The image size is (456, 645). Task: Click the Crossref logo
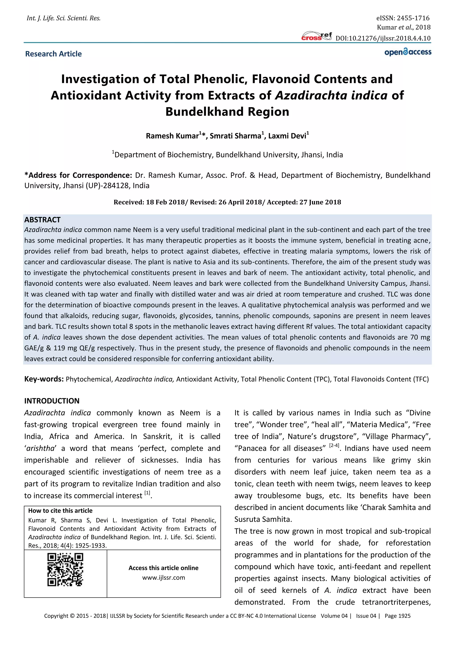click(316, 36)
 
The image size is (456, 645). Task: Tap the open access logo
click(408, 52)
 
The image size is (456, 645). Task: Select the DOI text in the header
click(383, 38)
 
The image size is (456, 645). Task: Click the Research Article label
click(53, 54)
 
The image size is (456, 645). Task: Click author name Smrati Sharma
click(235, 136)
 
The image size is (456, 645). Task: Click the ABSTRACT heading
click(42, 220)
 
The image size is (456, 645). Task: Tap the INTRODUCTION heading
click(52, 401)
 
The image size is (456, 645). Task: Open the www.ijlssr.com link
click(163, 578)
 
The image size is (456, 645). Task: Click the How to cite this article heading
click(60, 511)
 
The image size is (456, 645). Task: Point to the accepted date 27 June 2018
click(320, 202)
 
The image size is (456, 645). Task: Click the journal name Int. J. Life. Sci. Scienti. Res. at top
click(63, 18)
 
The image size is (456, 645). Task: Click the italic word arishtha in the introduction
click(40, 448)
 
